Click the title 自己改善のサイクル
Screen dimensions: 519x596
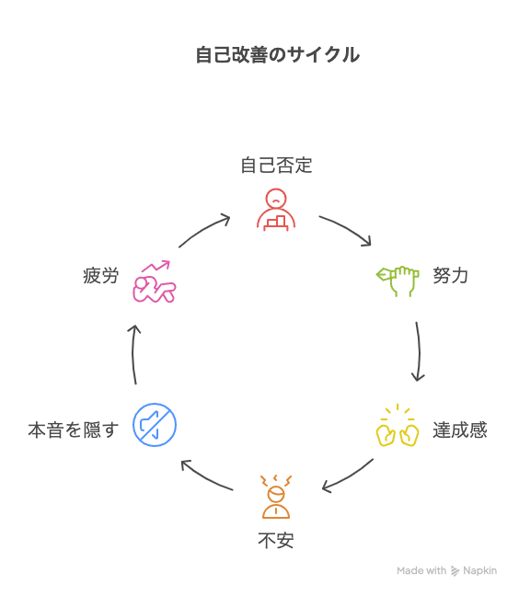coord(277,55)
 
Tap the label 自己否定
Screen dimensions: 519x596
coord(276,166)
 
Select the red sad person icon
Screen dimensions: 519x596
coord(276,210)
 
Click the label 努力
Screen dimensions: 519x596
coord(451,275)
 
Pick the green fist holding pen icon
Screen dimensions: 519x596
coord(398,281)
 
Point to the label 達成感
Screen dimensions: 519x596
coord(460,430)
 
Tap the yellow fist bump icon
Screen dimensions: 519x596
coord(398,425)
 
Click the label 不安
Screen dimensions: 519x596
coord(276,540)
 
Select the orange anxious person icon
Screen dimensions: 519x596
coord(276,497)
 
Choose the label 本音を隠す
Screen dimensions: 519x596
coord(74,430)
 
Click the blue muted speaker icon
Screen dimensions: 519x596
coord(155,425)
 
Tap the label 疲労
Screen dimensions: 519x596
coord(100,275)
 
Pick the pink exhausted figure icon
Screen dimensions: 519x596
coord(155,281)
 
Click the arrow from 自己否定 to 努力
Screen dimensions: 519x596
coord(347,228)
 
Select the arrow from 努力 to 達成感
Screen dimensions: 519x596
coord(419,351)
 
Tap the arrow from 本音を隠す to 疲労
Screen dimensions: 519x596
coord(133,353)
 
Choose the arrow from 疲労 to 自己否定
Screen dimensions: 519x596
coord(203,229)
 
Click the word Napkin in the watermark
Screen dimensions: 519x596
coord(479,570)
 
